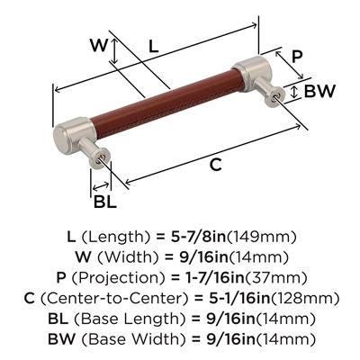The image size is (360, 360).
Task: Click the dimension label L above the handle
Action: click(x=154, y=47)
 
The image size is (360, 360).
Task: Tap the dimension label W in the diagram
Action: click(x=99, y=45)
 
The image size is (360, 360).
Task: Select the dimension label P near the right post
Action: click(x=296, y=57)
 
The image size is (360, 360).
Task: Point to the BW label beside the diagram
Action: click(x=319, y=92)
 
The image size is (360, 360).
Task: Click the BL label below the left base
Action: click(x=104, y=202)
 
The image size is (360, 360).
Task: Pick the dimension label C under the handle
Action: click(x=215, y=165)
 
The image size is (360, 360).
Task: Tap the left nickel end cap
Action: click(x=75, y=135)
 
